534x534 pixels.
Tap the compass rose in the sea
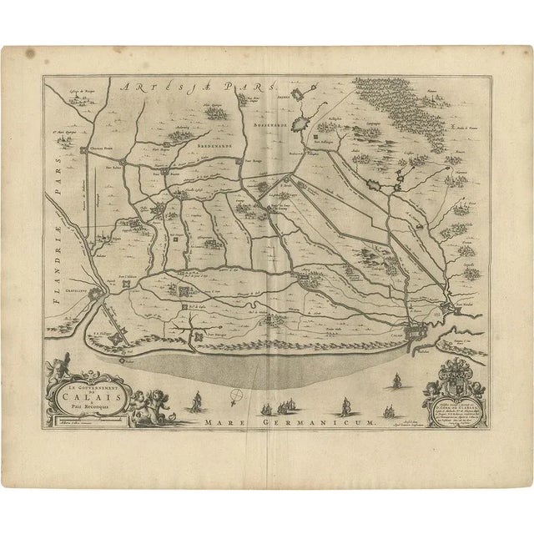click(239, 397)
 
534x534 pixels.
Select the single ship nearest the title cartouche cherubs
click(195, 402)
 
